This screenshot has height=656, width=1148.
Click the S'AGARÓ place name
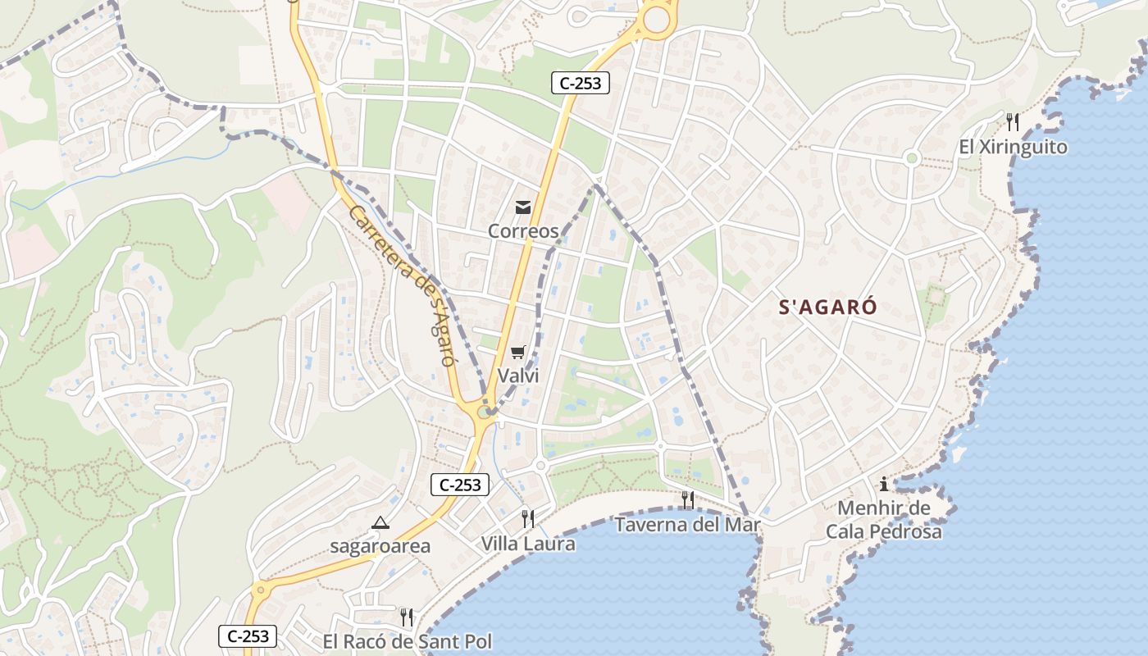pyautogui.click(x=827, y=307)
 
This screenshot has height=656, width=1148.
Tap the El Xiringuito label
pyautogui.click(x=1014, y=148)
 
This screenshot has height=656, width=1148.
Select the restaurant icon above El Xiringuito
pyautogui.click(x=1013, y=122)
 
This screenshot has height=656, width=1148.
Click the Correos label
pyautogui.click(x=523, y=231)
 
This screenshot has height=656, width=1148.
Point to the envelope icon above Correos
pyautogui.click(x=523, y=207)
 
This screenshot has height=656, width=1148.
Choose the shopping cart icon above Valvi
pyautogui.click(x=517, y=353)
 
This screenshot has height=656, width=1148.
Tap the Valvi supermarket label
pyautogui.click(x=518, y=376)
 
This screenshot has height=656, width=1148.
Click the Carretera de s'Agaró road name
pyautogui.click(x=402, y=285)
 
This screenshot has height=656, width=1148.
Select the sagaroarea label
pyautogui.click(x=380, y=546)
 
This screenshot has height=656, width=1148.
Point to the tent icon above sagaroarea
pyautogui.click(x=380, y=522)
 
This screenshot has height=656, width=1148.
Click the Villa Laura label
pyautogui.click(x=528, y=544)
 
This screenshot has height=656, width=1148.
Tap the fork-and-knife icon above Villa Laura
pyautogui.click(x=528, y=518)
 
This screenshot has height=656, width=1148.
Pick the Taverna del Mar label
pyautogui.click(x=688, y=525)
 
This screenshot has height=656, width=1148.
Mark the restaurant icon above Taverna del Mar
pyautogui.click(x=687, y=499)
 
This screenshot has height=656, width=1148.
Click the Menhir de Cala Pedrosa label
pyautogui.click(x=884, y=520)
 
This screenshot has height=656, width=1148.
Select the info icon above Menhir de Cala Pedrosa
pyautogui.click(x=884, y=484)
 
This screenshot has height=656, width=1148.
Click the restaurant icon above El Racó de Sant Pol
pyautogui.click(x=406, y=617)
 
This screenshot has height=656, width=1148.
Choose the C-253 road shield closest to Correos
pyautogui.click(x=580, y=83)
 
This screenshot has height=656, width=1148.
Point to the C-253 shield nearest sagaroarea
pyautogui.click(x=460, y=485)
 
